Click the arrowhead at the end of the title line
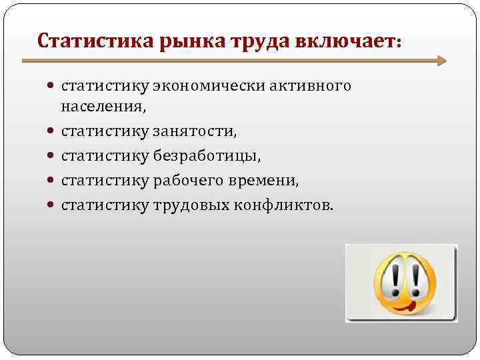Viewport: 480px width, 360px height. tap(441, 61)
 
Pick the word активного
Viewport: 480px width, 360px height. tap(309, 86)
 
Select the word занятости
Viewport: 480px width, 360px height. tap(195, 131)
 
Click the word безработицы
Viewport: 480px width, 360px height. tap(207, 156)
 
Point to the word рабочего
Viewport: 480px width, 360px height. tap(189, 181)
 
